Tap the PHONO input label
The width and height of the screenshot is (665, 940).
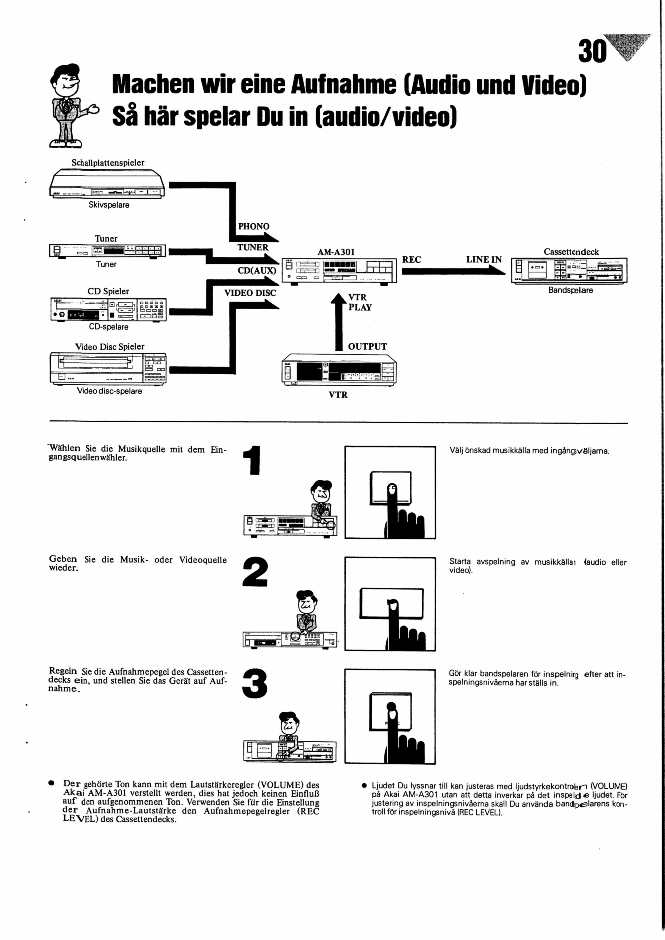[x=254, y=226]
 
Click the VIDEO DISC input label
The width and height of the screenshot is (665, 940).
[x=250, y=293]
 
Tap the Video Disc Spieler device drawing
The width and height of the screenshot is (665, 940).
[x=108, y=368]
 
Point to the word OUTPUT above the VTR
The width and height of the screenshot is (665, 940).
[x=367, y=347]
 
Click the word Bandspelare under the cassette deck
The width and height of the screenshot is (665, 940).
[x=570, y=290]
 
